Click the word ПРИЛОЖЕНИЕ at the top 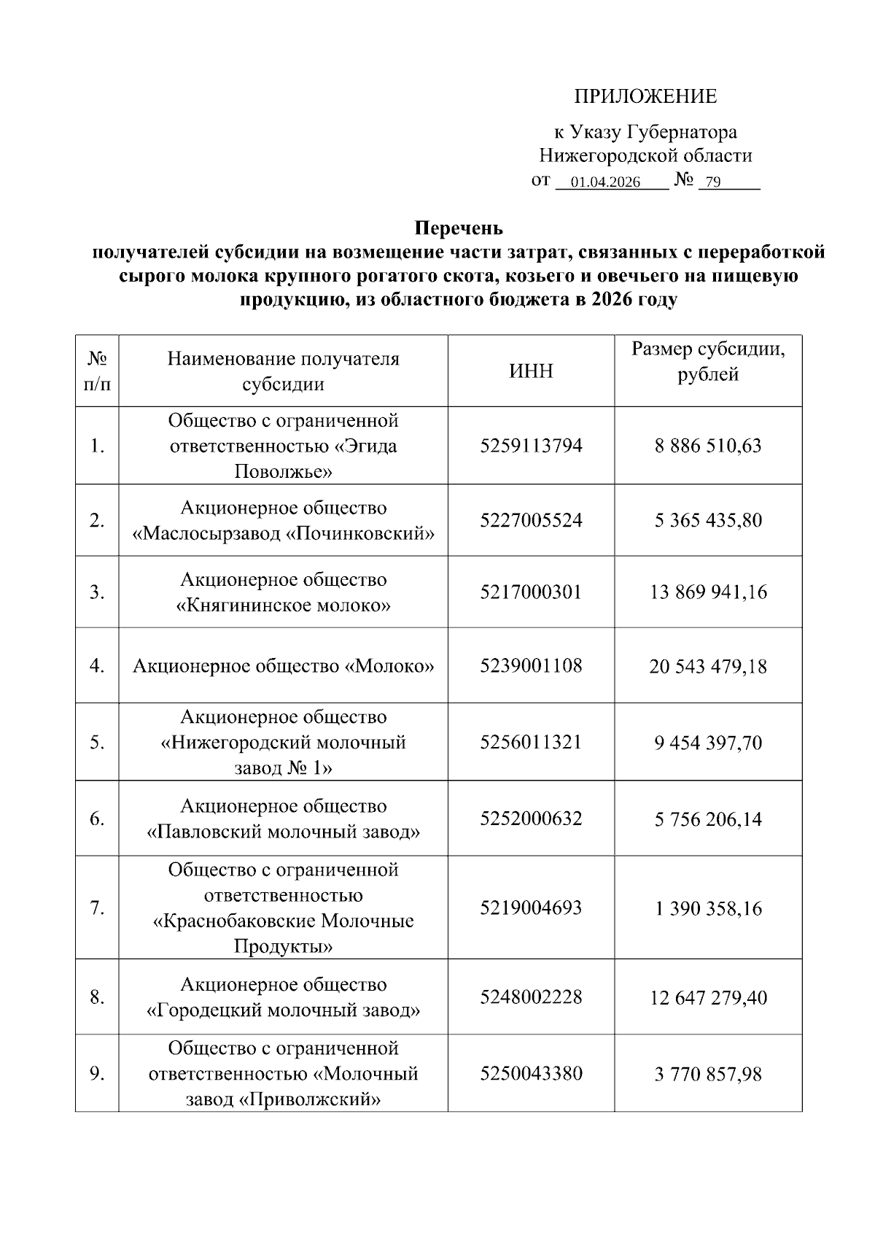click(x=645, y=96)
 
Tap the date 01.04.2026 click(x=605, y=182)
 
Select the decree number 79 click(x=713, y=182)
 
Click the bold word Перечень click(x=459, y=228)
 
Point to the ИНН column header click(x=531, y=371)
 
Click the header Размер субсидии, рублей click(x=708, y=362)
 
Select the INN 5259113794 click(x=531, y=446)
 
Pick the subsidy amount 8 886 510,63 click(x=708, y=446)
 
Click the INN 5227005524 click(x=531, y=520)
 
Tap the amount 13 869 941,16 click(x=708, y=592)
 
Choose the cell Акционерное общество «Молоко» click(x=283, y=666)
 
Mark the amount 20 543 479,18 click(x=708, y=666)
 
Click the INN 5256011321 click(x=531, y=742)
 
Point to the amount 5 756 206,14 click(x=708, y=819)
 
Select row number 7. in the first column click(x=97, y=908)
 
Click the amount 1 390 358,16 click(x=708, y=908)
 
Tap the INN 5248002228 click(x=531, y=997)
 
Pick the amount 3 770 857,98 click(x=708, y=1074)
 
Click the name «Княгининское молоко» click(x=284, y=606)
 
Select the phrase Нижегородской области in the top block click(x=645, y=155)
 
